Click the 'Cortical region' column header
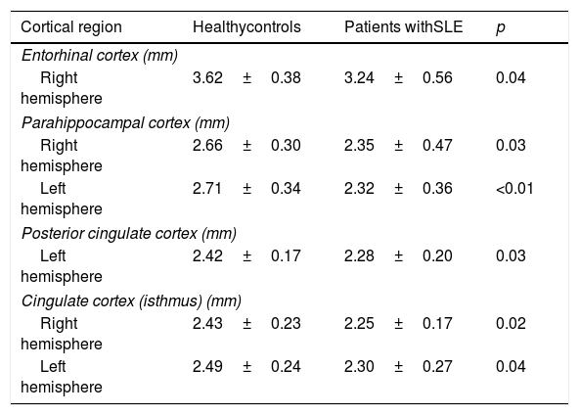71,27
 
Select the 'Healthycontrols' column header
246,27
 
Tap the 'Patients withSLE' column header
404,27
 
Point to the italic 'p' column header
501,28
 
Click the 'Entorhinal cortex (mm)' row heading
100,56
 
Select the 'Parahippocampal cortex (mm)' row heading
125,123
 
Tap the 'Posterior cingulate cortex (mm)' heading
129,234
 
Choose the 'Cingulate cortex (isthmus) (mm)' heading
131,301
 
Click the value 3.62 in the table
207,78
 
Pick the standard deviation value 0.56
437,78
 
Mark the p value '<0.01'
514,189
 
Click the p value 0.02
511,324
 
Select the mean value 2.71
207,189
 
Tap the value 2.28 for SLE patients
359,256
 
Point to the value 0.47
437,145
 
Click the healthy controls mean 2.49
207,367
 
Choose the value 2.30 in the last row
359,367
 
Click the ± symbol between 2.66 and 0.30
247,146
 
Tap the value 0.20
437,256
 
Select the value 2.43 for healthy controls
207,324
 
